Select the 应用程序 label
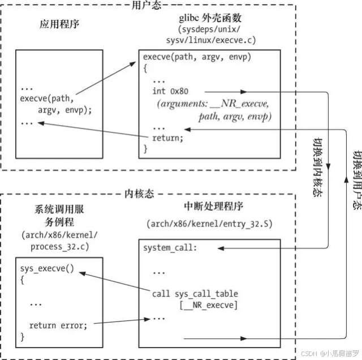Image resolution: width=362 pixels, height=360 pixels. pos(59,25)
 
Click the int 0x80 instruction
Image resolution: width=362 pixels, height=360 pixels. pos(174,91)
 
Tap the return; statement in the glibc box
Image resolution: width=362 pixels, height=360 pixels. pos(168,138)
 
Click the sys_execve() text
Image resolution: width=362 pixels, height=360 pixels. pos(48,268)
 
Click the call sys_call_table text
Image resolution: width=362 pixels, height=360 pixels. pos(195,294)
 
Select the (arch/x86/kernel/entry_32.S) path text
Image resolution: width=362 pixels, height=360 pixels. pos(209,224)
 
